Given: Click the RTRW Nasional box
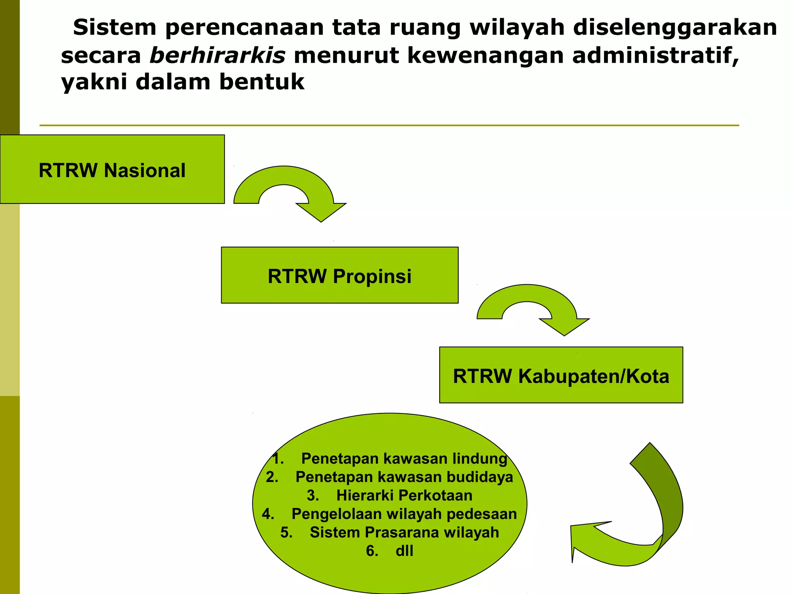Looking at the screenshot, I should pos(112,169).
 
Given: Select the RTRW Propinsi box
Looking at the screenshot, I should pos(340,275).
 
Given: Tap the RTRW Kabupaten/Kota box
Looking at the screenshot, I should pos(561,375).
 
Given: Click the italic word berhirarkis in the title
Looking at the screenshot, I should pos(217,55).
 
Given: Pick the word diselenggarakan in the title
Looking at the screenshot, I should pos(675,27).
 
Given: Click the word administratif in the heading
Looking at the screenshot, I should pos(655,55).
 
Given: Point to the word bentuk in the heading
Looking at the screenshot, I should pos(262,82).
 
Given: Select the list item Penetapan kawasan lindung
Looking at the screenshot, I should pos(404,458).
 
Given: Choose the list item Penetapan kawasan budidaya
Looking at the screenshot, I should pos(404,477).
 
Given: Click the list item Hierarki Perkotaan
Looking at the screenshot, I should pos(404,495).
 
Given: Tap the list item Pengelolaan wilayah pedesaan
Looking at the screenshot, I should pos(404,514).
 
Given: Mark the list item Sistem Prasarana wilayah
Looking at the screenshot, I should pos(404,533).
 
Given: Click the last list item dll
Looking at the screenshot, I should pos(404,551).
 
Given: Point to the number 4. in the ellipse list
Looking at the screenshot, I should pos(268,514).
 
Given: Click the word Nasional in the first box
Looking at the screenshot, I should pos(145,171).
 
